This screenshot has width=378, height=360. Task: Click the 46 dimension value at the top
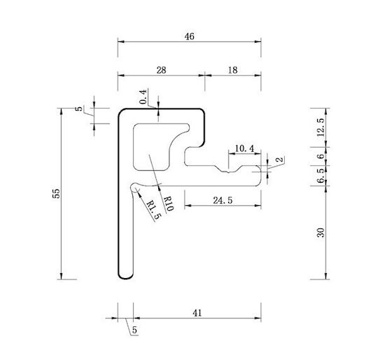(x=189, y=36)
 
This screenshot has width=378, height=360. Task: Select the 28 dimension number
(x=161, y=70)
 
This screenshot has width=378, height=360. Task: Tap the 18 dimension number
(x=232, y=70)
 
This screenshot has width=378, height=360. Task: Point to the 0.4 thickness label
(x=143, y=97)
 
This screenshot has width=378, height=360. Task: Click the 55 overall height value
(x=56, y=193)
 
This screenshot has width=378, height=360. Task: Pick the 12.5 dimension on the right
(x=321, y=127)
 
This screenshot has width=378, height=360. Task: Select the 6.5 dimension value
(x=321, y=176)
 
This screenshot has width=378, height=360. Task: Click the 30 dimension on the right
(x=321, y=233)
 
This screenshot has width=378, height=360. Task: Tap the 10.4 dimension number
(x=244, y=148)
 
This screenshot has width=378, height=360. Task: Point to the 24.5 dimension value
(x=223, y=200)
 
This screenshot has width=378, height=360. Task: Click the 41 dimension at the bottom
(x=197, y=313)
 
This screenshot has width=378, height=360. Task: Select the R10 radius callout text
(x=168, y=204)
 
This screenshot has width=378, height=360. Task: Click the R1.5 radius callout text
(x=153, y=210)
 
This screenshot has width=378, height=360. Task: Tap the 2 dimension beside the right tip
(x=279, y=160)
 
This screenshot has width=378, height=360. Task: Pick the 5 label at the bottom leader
(x=134, y=330)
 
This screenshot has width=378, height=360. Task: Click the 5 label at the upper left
(x=79, y=109)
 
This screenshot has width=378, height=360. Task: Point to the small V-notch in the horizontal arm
(x=228, y=172)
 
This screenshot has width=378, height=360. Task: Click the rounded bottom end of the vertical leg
(x=125, y=277)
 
